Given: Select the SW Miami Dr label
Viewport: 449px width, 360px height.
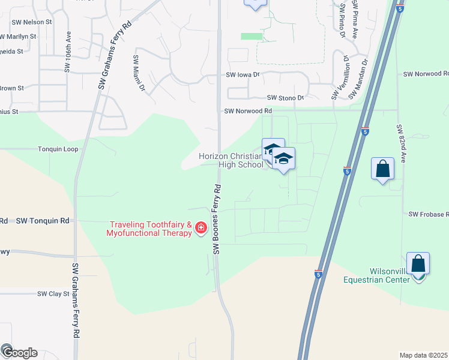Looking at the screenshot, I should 139,73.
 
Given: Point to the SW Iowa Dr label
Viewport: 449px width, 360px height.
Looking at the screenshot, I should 243,75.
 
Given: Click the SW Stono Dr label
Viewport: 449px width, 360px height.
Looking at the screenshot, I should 286,97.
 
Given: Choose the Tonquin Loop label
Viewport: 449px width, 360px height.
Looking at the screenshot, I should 58,149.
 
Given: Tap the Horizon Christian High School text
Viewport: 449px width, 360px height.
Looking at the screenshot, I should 232,160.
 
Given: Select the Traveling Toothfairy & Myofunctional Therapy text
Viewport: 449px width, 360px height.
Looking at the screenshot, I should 150,229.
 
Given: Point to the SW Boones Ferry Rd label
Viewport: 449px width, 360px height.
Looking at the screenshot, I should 217,218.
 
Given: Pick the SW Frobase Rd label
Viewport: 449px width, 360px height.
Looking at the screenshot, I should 428,214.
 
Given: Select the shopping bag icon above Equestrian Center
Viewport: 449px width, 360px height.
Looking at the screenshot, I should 418,263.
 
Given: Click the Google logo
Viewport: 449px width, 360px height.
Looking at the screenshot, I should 19,352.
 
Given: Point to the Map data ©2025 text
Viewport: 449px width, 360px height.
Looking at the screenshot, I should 424,355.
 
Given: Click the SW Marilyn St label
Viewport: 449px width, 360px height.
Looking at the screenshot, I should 18,36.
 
